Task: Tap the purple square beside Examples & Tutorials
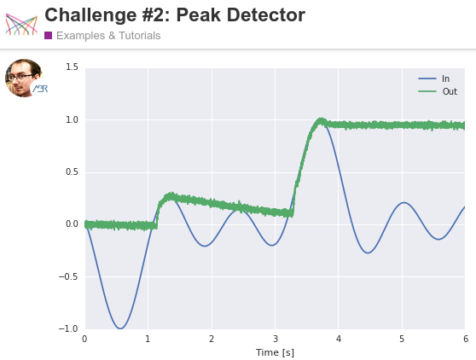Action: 48,36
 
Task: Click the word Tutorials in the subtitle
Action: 139,36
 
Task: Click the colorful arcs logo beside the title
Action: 21,24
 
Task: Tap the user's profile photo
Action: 24,78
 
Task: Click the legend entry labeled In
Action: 433,78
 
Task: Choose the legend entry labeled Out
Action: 438,91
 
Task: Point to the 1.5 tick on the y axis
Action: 72,67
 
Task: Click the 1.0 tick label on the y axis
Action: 72,120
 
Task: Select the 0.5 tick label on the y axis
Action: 72,171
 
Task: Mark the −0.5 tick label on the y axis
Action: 68,276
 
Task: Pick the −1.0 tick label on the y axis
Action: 68,328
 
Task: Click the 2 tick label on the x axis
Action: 212,339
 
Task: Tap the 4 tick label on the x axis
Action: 339,339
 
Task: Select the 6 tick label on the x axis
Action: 466,339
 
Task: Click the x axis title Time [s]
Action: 275,352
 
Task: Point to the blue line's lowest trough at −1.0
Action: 120,328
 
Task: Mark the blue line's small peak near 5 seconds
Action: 403,202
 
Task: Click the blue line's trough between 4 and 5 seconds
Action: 368,253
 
